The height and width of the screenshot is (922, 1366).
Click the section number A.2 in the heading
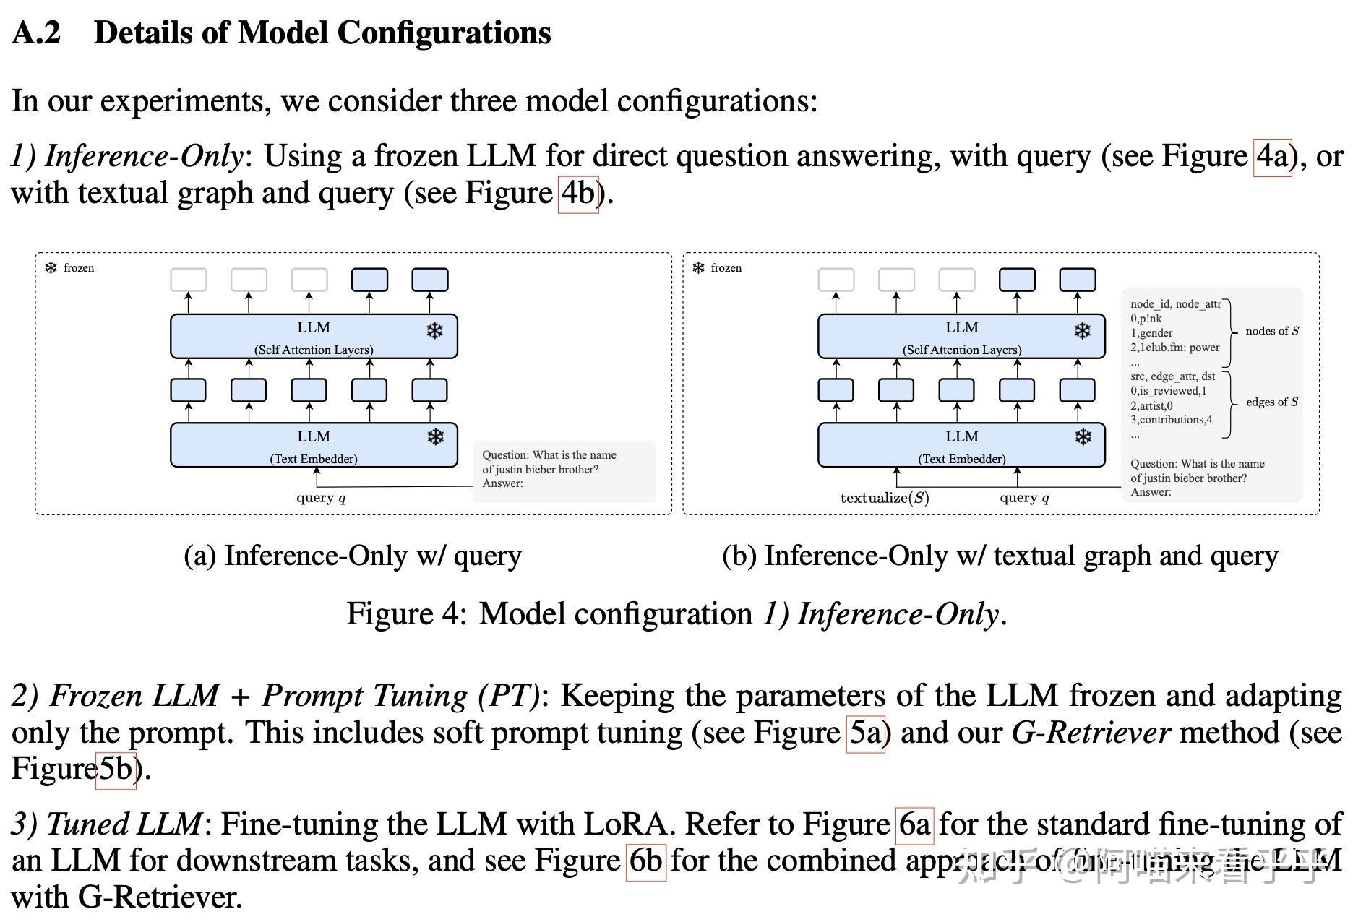[x=36, y=33]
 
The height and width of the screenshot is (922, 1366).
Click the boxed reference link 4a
[x=1272, y=157]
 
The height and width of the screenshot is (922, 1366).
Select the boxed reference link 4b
[x=577, y=194]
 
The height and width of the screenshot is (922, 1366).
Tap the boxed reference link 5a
[x=865, y=733]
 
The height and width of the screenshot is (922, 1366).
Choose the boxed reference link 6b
[x=645, y=861]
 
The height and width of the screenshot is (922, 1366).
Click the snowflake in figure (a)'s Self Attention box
[x=434, y=331]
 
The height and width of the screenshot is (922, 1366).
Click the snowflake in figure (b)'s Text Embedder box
[x=1083, y=437]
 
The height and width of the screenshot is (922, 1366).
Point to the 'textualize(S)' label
[x=885, y=498]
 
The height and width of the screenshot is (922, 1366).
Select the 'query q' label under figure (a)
[x=321, y=498]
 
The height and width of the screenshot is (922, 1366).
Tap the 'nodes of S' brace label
[x=1272, y=331]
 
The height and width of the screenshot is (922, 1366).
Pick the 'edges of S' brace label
[x=1272, y=402]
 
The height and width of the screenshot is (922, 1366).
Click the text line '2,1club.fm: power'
[x=1175, y=348]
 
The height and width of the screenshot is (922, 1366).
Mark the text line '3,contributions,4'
[x=1172, y=420]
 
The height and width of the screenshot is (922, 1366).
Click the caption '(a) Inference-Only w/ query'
[x=353, y=556]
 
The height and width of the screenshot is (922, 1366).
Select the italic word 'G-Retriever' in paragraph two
[x=1091, y=733]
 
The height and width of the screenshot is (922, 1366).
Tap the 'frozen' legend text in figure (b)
[x=726, y=268]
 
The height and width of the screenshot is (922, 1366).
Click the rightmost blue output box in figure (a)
[x=430, y=280]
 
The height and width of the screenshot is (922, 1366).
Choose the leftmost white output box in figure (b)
[x=836, y=280]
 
